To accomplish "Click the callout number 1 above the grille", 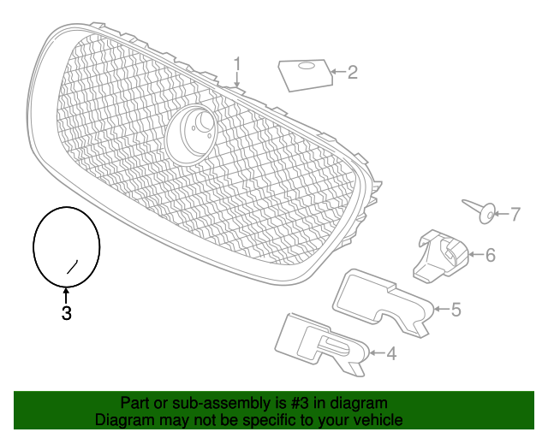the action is (237, 65).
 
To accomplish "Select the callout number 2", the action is (352, 73).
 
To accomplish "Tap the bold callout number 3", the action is (67, 313).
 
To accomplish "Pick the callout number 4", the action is (391, 353).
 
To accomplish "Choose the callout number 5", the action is (456, 310).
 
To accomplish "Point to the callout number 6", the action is (491, 255).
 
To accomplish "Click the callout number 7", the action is (515, 214).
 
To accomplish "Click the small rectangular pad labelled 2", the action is (306, 75).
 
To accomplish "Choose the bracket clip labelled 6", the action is (440, 255).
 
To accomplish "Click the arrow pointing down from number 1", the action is (237, 80).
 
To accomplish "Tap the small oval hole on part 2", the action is (307, 65).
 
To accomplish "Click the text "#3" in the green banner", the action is (300, 403).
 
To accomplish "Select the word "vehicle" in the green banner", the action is (379, 419).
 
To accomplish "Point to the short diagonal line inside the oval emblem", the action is (72, 267).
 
